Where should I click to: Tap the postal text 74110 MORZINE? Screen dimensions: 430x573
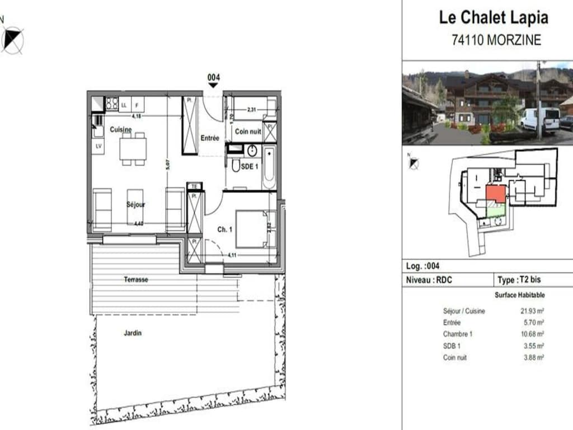496,40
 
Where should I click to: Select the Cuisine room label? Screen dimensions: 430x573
121,130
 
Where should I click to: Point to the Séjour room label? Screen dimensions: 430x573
135,205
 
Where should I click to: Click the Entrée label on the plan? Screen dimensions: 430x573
209,138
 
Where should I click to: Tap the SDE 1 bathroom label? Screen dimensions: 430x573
249,166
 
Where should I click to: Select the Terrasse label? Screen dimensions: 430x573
136,279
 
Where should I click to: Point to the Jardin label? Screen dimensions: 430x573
133,333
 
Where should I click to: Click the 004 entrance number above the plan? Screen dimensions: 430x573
213,77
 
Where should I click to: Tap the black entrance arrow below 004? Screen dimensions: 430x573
213,86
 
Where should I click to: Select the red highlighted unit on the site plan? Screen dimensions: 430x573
495,194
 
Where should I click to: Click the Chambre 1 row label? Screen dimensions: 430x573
458,334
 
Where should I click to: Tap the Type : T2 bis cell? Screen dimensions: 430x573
519,280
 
